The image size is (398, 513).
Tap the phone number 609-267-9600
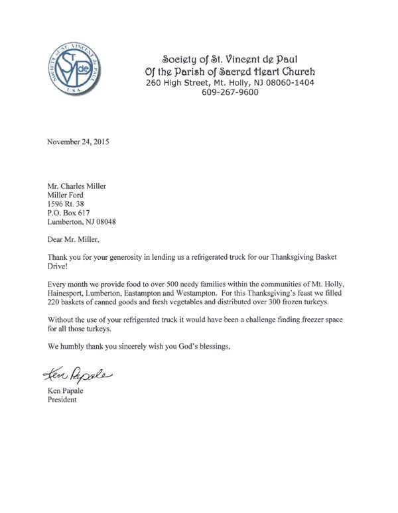230,93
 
